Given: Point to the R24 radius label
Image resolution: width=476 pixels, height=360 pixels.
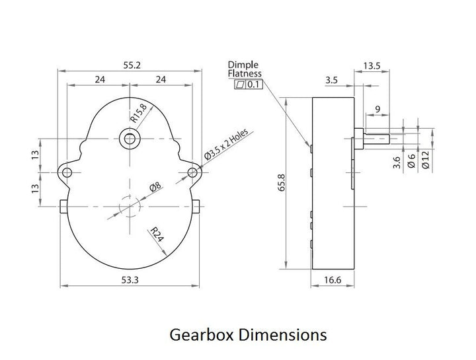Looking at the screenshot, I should [156, 236].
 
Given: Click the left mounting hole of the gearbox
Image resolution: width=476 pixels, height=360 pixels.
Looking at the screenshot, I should [66, 172].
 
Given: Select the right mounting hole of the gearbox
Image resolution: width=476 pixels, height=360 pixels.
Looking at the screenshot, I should [193, 172].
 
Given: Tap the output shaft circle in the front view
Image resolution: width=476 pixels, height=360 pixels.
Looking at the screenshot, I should [129, 138].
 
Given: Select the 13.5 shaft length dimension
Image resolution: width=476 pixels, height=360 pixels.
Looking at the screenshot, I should [372, 65].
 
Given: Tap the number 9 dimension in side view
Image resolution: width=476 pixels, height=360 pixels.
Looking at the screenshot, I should [377, 109].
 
